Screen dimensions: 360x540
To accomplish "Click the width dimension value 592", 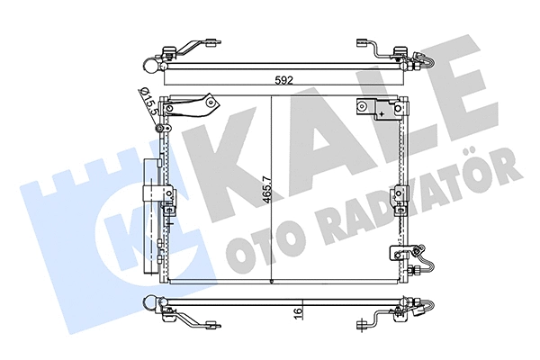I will tap(284, 81).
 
